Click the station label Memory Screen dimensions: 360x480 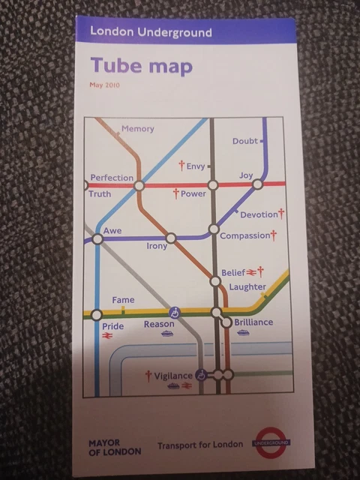[137, 129]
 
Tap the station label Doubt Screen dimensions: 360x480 [244, 141]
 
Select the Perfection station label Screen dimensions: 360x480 [112, 178]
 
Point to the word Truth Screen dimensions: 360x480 [100, 194]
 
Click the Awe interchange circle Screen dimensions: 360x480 [97, 240]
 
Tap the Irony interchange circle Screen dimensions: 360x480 [171, 238]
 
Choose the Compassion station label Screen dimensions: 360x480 [244, 236]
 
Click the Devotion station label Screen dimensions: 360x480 [259, 215]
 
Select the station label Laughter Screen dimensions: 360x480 [247, 286]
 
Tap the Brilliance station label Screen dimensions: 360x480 [253, 322]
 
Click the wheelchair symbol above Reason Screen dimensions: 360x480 [175, 311]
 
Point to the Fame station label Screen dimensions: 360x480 [123, 301]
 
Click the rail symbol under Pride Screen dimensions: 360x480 [106, 337]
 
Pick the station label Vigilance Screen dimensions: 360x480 [173, 376]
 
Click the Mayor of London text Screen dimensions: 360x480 [109, 447]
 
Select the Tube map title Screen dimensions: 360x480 [141, 66]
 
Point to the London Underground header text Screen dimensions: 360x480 [150, 32]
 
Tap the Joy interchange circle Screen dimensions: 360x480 [256, 184]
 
